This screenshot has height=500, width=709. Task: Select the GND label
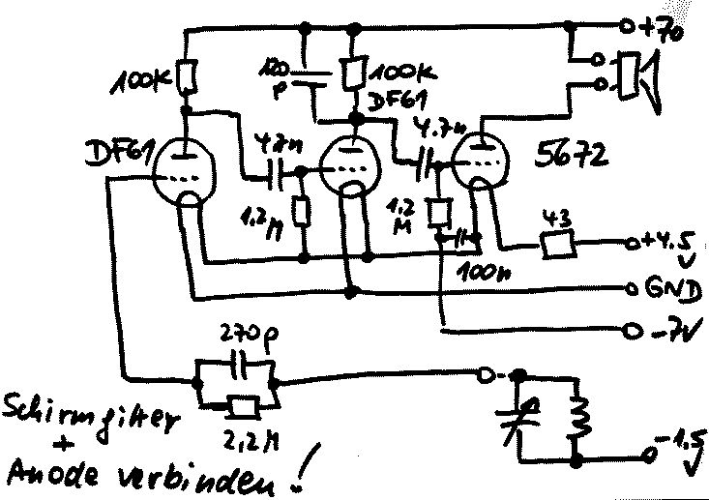pyautogui.click(x=665, y=288)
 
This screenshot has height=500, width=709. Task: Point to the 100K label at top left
pyautogui.click(x=143, y=83)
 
